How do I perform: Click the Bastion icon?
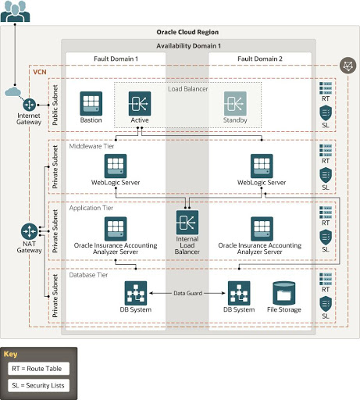91,102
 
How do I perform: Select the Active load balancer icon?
140,102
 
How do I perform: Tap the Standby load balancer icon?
236,102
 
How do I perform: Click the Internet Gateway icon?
30,104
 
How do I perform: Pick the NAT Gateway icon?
30,232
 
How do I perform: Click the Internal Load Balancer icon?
187,223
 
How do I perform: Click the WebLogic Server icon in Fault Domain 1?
116,166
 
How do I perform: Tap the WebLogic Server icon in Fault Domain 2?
262,166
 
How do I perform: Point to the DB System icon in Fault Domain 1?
137,294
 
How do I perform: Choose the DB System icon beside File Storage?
239,294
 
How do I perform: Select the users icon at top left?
13,12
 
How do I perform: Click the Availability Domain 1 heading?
188,47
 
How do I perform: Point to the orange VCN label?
40,71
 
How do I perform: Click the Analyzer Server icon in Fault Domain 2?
262,229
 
